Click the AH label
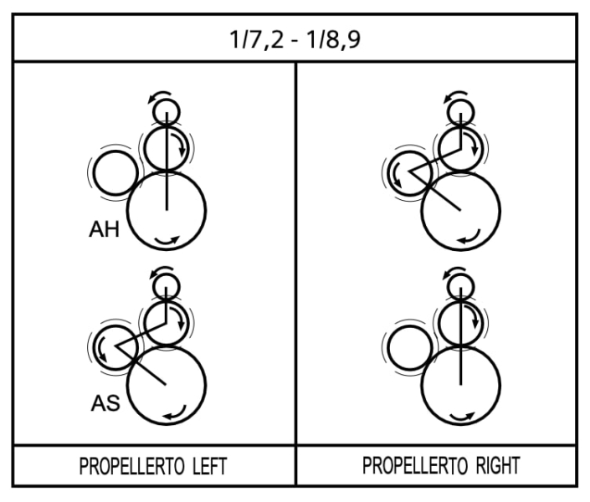104,229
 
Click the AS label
105,403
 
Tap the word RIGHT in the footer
498,465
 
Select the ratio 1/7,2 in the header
256,39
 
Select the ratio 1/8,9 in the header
334,39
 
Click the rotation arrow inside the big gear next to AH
167,241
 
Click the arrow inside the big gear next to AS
176,412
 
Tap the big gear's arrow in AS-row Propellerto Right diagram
462,416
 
